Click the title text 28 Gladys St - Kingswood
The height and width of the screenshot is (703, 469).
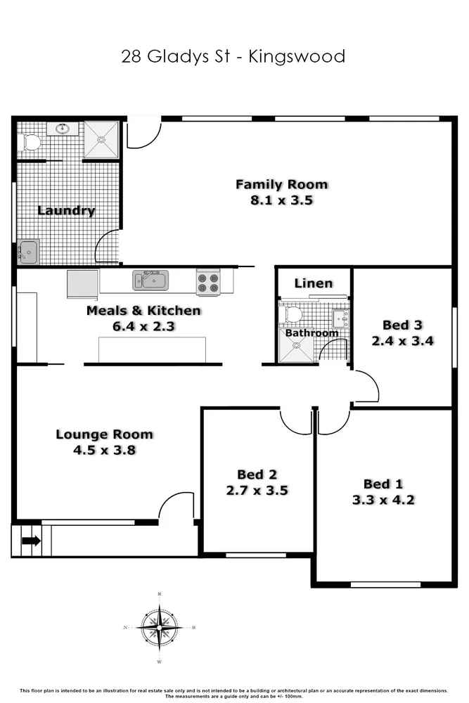pyautogui.click(x=233, y=56)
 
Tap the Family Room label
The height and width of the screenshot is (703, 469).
pyautogui.click(x=281, y=185)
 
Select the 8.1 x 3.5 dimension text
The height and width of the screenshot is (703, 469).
pyautogui.click(x=282, y=200)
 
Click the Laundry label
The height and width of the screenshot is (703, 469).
pyautogui.click(x=65, y=210)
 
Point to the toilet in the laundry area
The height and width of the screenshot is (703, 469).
pyautogui.click(x=32, y=143)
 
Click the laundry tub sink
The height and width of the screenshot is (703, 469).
pyautogui.click(x=28, y=251)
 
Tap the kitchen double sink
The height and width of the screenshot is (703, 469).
pyautogui.click(x=150, y=281)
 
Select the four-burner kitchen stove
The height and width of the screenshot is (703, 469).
pyautogui.click(x=207, y=282)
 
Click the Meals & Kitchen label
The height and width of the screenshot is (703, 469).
pyautogui.click(x=143, y=311)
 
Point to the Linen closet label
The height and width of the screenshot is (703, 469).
pyautogui.click(x=313, y=283)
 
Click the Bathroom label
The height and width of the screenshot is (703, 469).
pyautogui.click(x=311, y=333)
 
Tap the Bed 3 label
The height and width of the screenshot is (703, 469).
pyautogui.click(x=403, y=325)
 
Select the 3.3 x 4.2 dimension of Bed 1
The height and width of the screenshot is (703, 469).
pyautogui.click(x=383, y=500)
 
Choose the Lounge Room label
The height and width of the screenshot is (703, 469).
pyautogui.click(x=104, y=434)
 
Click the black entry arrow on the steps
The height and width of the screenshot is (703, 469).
pyautogui.click(x=31, y=541)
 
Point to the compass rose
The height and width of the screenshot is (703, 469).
pyautogui.click(x=160, y=627)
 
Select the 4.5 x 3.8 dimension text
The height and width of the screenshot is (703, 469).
pyautogui.click(x=104, y=450)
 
